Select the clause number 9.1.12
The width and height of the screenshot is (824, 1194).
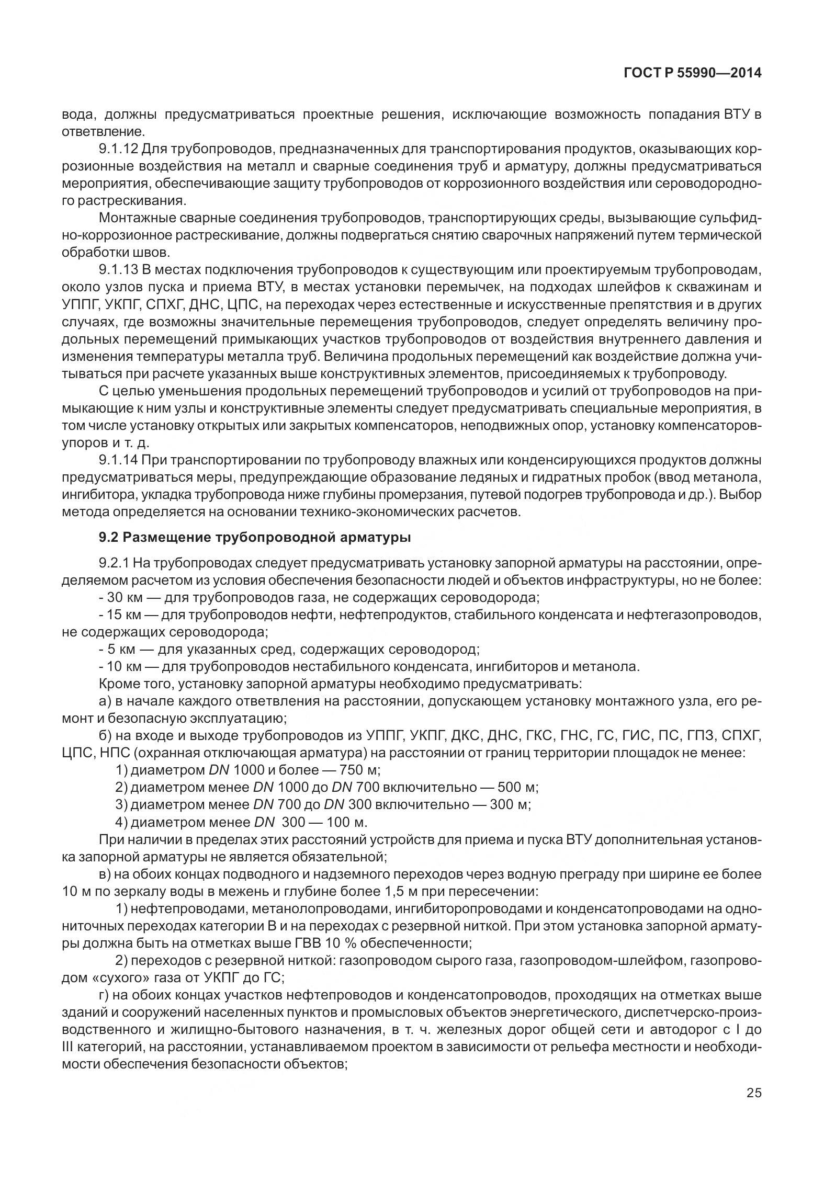[118, 149]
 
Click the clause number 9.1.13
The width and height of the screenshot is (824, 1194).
[118, 270]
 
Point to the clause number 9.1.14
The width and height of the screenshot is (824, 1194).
[118, 460]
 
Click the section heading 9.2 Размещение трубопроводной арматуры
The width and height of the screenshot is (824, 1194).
[255, 537]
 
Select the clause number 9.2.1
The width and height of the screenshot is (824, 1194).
[114, 563]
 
